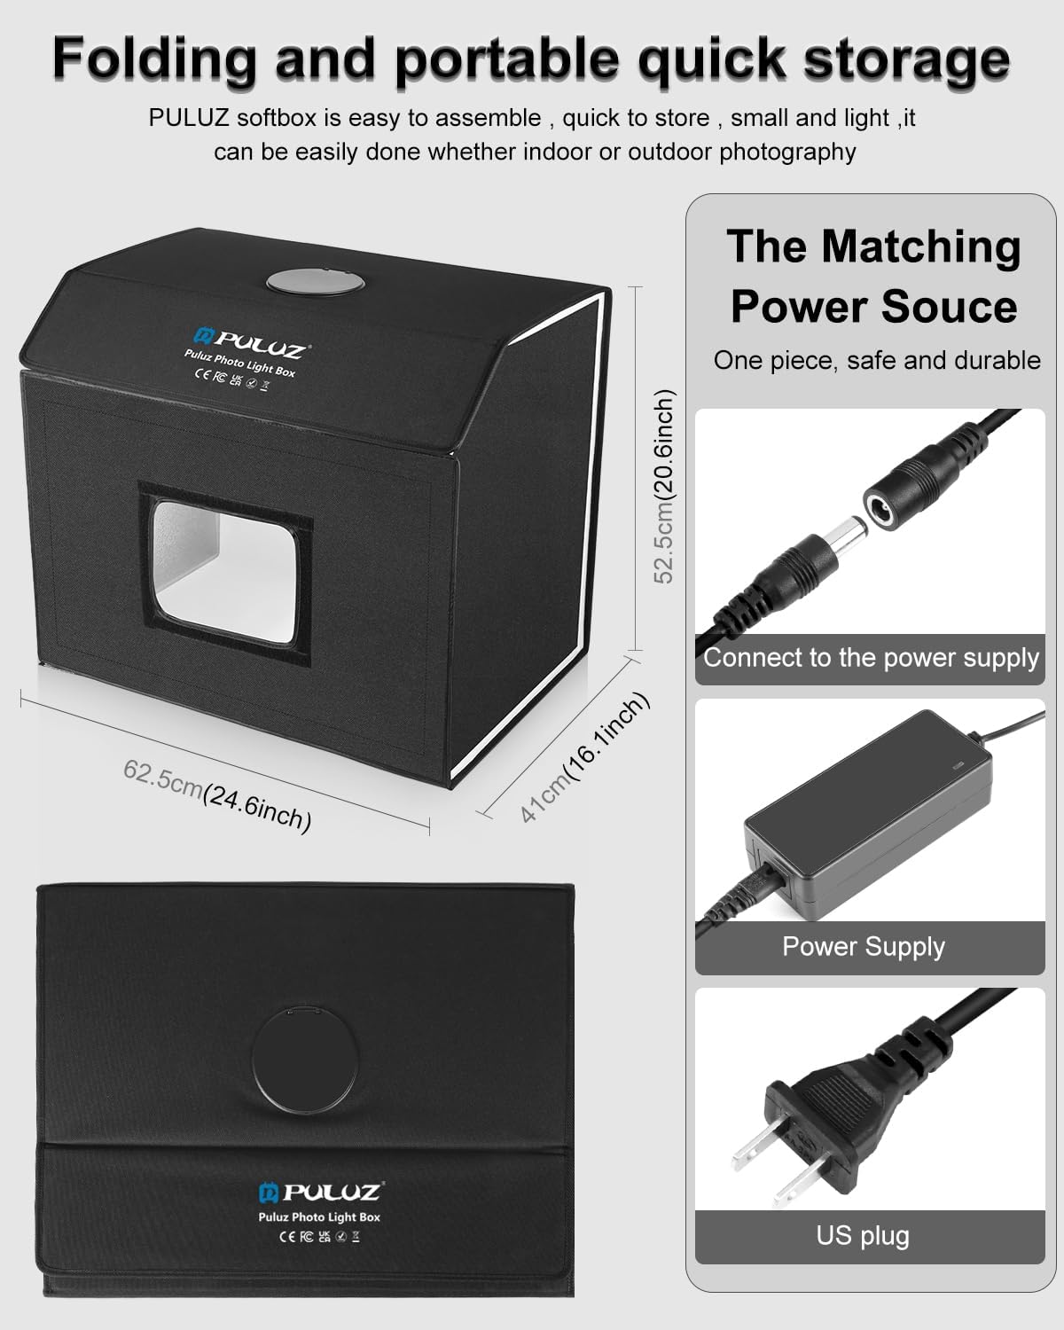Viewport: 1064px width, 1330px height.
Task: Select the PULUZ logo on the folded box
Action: click(x=319, y=1192)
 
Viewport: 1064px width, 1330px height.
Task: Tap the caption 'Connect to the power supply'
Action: click(x=871, y=658)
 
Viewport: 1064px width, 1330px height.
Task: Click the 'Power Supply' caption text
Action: click(x=864, y=947)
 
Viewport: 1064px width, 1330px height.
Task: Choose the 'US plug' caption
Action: click(x=863, y=1235)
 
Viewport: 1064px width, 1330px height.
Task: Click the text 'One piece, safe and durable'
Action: click(x=876, y=360)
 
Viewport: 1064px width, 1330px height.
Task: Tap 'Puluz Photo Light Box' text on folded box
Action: click(x=319, y=1217)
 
